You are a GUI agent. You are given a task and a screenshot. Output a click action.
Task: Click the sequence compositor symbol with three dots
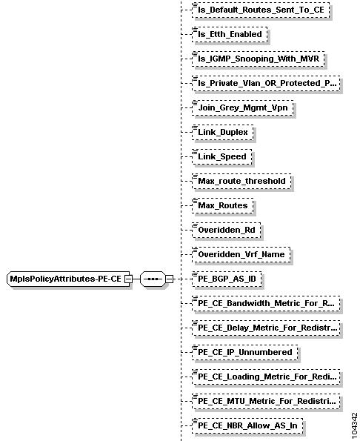click(x=153, y=279)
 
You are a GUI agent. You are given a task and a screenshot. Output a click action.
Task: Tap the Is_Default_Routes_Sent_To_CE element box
click(x=261, y=10)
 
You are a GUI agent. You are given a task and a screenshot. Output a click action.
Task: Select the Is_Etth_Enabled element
click(x=230, y=35)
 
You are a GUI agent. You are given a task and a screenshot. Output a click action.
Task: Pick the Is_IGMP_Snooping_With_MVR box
click(x=259, y=59)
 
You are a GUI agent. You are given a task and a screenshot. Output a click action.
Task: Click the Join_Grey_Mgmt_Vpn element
click(x=243, y=108)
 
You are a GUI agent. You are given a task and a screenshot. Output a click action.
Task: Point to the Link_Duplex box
click(x=222, y=133)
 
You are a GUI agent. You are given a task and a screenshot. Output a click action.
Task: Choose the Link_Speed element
click(x=222, y=157)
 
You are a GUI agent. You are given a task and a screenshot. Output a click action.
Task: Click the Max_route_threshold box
click(x=241, y=182)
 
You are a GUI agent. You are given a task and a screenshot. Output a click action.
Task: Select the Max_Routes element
click(x=222, y=206)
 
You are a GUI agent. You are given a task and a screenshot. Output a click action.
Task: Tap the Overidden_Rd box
click(x=226, y=231)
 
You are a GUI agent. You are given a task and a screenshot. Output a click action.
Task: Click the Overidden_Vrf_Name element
click(x=241, y=255)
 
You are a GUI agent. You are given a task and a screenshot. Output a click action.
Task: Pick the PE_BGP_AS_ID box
click(x=227, y=279)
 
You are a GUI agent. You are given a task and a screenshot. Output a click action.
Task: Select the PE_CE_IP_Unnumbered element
click(x=244, y=353)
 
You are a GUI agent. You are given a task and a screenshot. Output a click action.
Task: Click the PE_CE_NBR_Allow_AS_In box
click(x=247, y=426)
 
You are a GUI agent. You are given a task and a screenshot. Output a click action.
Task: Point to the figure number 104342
click(x=354, y=425)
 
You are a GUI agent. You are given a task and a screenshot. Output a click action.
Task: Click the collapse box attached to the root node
click(x=129, y=279)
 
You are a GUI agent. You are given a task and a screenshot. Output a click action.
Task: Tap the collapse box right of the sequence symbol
click(x=169, y=279)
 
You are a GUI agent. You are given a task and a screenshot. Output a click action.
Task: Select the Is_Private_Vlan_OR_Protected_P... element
click(x=266, y=84)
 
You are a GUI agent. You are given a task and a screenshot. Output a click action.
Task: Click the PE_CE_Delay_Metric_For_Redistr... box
click(x=266, y=328)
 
